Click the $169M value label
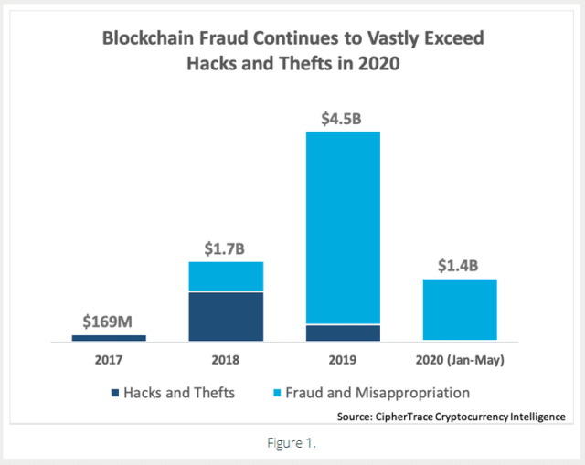point(109,322)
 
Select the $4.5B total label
point(343,118)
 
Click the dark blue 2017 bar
point(109,337)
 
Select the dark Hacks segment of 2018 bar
point(226,316)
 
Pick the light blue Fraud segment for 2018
point(226,277)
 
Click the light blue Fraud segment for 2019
point(343,227)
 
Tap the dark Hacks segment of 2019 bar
point(343,333)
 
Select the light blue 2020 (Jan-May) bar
point(460,310)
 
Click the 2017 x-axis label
point(109,360)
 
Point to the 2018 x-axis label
point(226,360)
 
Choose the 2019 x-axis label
point(343,360)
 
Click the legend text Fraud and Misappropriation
point(378,394)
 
